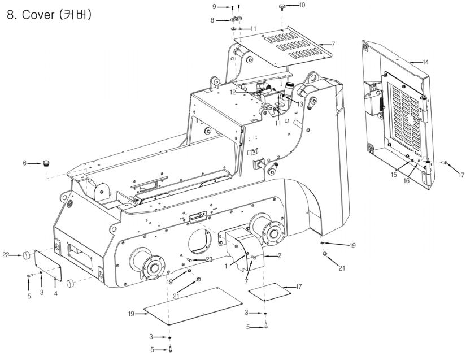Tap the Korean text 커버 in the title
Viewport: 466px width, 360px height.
75,15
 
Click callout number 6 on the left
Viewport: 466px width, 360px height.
25,163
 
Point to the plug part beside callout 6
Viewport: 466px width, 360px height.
46,163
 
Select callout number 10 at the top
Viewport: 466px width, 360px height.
302,5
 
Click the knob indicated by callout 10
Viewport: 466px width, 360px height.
282,7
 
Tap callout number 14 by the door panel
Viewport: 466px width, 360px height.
425,62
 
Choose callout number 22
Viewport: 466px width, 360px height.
6,255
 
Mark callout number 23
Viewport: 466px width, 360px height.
209,259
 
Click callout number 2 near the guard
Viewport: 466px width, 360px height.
280,255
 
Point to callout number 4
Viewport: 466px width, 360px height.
56,293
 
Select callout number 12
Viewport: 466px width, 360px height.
233,93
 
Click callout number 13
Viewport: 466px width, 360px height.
300,105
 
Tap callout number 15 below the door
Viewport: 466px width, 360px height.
394,175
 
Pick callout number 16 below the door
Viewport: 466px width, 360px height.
406,180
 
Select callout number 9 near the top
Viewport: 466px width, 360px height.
214,7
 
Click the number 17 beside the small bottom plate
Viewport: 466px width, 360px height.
299,287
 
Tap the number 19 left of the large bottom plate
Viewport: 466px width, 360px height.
132,314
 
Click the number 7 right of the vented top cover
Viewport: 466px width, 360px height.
333,44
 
